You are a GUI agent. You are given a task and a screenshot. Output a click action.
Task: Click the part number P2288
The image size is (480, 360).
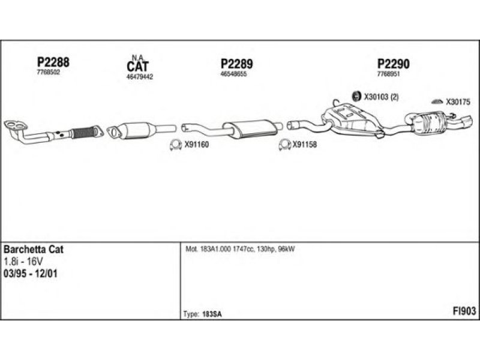tap(53, 62)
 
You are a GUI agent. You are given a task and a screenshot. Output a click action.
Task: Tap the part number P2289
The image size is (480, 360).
tap(236, 64)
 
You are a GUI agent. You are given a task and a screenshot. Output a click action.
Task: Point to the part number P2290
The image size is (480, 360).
tap(392, 64)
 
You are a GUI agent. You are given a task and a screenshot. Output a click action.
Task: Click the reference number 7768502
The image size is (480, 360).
tap(48, 71)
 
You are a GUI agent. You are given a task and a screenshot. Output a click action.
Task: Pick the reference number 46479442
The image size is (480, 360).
tap(140, 77)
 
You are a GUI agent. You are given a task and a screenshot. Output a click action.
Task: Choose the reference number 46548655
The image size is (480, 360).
tap(234, 73)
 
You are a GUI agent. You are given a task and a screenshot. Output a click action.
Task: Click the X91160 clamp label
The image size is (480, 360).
tap(196, 144)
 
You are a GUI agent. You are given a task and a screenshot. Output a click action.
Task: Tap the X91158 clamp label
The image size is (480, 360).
tap(304, 144)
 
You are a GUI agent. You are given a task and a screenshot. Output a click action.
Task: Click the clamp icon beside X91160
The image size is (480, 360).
tap(175, 144)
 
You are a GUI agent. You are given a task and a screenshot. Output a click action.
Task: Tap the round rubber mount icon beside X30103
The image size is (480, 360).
tap(355, 95)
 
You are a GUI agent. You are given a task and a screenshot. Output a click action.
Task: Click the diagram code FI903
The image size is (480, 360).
tap(464, 311)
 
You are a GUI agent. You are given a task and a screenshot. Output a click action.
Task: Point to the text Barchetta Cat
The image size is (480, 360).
tap(34, 249)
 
